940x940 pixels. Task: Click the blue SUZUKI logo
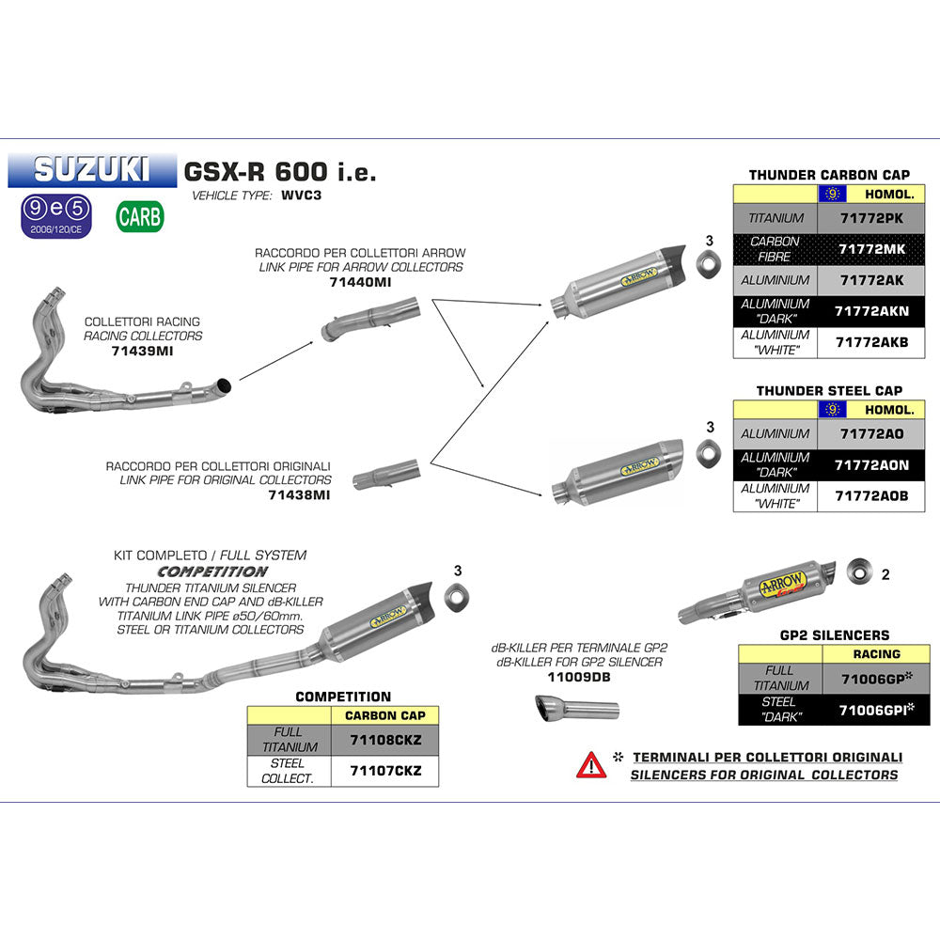tap(91, 168)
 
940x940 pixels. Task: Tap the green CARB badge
tap(140, 217)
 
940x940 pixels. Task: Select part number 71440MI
tap(360, 281)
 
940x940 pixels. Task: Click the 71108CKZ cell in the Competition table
tap(384, 740)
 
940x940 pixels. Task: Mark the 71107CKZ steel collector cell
tap(384, 771)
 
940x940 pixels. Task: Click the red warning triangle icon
tap(590, 764)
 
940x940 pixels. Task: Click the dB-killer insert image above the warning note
tap(576, 710)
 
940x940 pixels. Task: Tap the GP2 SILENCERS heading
tap(835, 635)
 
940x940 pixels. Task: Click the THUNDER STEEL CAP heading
tap(829, 390)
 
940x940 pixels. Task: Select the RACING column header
tap(876, 653)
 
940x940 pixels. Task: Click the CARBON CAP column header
tap(384, 715)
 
